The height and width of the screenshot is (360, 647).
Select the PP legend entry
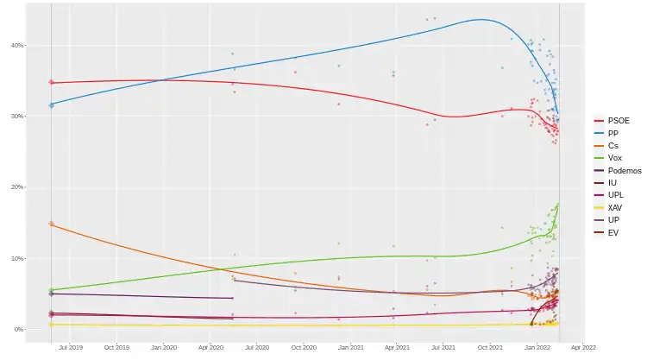point(612,133)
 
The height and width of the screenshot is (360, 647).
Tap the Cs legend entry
point(612,146)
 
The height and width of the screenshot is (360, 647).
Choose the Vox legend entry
point(612,158)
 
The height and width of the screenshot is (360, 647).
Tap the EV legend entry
point(612,233)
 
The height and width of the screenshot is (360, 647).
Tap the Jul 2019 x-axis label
point(70,348)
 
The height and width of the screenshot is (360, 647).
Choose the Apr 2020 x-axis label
point(210,348)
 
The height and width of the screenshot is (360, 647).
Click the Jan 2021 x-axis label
point(350,348)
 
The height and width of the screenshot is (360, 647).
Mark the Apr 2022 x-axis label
point(584,348)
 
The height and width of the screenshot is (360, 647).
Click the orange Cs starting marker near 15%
point(51,224)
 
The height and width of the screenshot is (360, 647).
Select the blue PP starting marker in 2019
point(51,104)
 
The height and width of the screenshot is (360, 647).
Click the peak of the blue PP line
point(481,20)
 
